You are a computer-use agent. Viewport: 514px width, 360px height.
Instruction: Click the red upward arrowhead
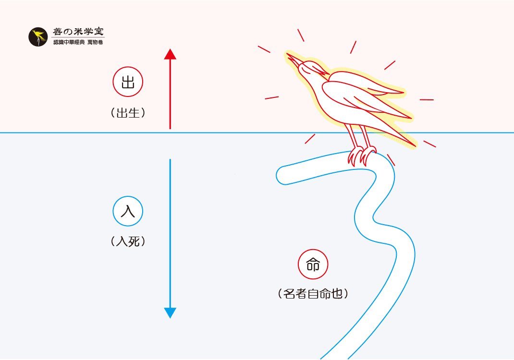(x=170, y=54)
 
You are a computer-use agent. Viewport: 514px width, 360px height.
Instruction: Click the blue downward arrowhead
(x=170, y=312)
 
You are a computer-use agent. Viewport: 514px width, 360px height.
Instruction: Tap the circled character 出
(x=128, y=82)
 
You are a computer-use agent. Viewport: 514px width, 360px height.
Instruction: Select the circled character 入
(x=128, y=211)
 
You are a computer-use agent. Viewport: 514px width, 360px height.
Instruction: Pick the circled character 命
(x=313, y=264)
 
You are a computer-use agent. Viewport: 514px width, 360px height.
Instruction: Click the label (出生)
(x=128, y=113)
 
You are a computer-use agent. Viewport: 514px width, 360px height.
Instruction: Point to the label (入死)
(x=128, y=241)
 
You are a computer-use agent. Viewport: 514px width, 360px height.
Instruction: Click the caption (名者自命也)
(x=313, y=294)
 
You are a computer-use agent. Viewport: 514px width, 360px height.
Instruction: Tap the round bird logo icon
(x=38, y=37)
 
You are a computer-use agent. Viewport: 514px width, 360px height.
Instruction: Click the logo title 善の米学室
(x=78, y=32)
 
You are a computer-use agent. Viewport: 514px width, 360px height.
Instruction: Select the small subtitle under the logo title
(x=78, y=43)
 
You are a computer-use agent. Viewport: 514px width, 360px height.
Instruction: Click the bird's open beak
(x=293, y=59)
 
